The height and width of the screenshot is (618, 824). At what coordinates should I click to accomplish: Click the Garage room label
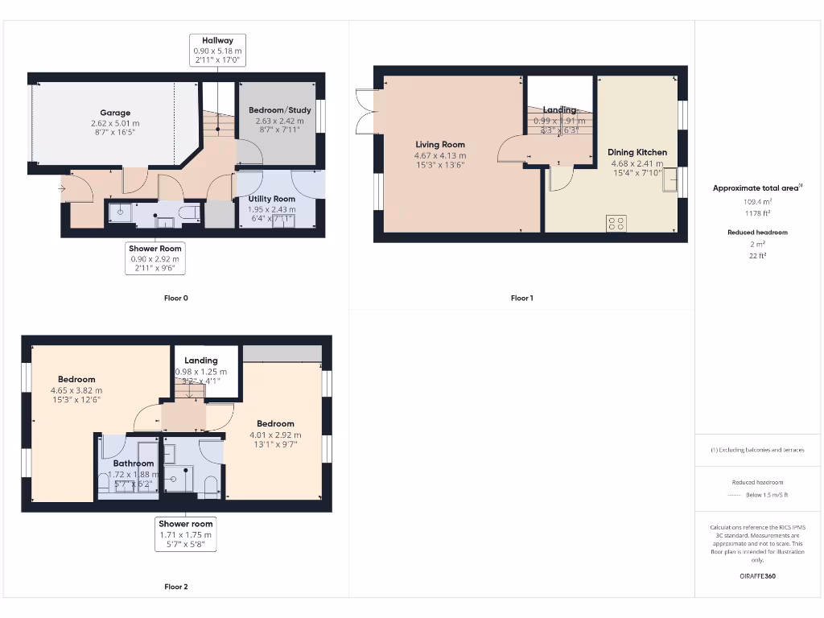[x=115, y=113]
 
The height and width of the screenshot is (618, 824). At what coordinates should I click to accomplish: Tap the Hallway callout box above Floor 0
[x=217, y=50]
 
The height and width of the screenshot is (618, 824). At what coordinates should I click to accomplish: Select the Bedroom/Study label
[x=279, y=110]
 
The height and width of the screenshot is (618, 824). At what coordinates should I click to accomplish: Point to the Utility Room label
[x=272, y=199]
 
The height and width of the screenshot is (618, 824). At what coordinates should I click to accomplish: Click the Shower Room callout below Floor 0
[x=156, y=258]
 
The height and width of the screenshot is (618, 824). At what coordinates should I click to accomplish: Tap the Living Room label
[x=440, y=145]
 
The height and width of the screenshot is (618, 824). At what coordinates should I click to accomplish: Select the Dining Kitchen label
[x=637, y=152]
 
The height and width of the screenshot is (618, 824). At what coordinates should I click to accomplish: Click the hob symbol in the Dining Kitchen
[x=616, y=223]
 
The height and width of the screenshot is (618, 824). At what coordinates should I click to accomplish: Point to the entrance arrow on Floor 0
[x=63, y=189]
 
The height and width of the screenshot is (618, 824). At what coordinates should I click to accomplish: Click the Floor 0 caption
[x=176, y=299]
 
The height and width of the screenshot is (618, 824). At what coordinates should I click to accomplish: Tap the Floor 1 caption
[x=521, y=299]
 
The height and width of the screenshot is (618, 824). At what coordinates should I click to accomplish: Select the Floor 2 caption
[x=176, y=587]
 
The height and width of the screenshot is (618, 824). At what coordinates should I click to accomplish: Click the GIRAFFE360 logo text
[x=756, y=576]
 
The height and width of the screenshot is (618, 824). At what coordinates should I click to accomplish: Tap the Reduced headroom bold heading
[x=756, y=233]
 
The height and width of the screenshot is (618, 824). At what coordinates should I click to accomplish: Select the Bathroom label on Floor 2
[x=133, y=463]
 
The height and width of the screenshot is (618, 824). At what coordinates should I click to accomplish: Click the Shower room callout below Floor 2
[x=185, y=534]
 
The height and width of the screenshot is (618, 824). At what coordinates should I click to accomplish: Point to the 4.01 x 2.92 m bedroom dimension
[x=275, y=435]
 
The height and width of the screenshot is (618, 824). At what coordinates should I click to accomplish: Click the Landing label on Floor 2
[x=200, y=360]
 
